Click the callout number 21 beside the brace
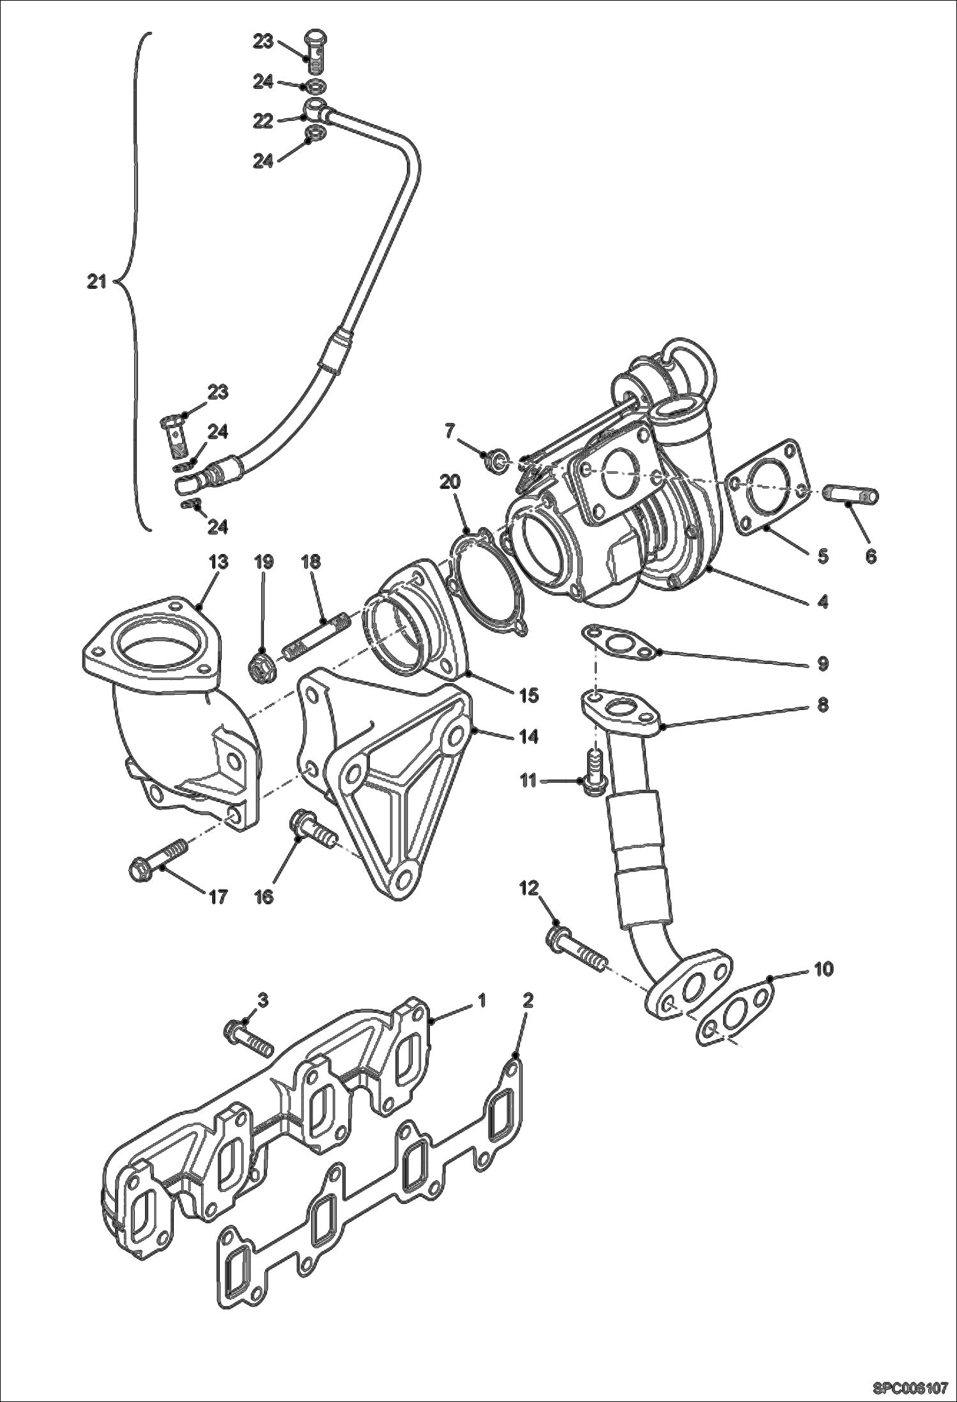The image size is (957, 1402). click(97, 282)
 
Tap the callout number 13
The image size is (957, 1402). click(218, 562)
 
